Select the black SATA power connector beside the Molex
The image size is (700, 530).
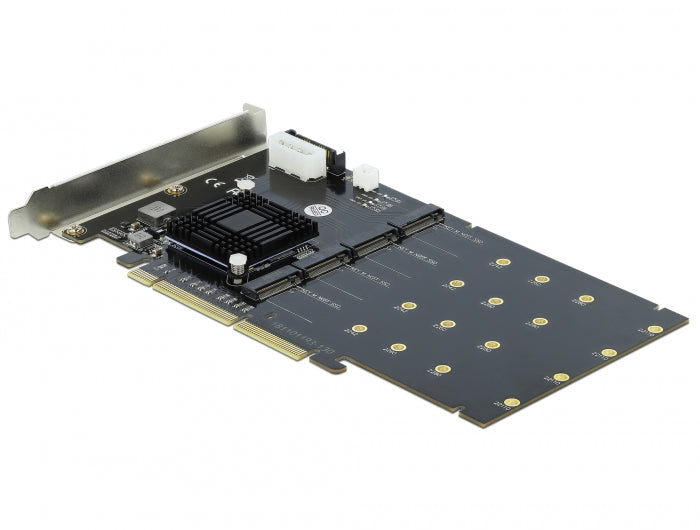[x=338, y=160]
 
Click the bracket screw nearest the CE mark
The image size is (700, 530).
[x=176, y=189]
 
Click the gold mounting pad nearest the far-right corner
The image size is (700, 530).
[x=655, y=328]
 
